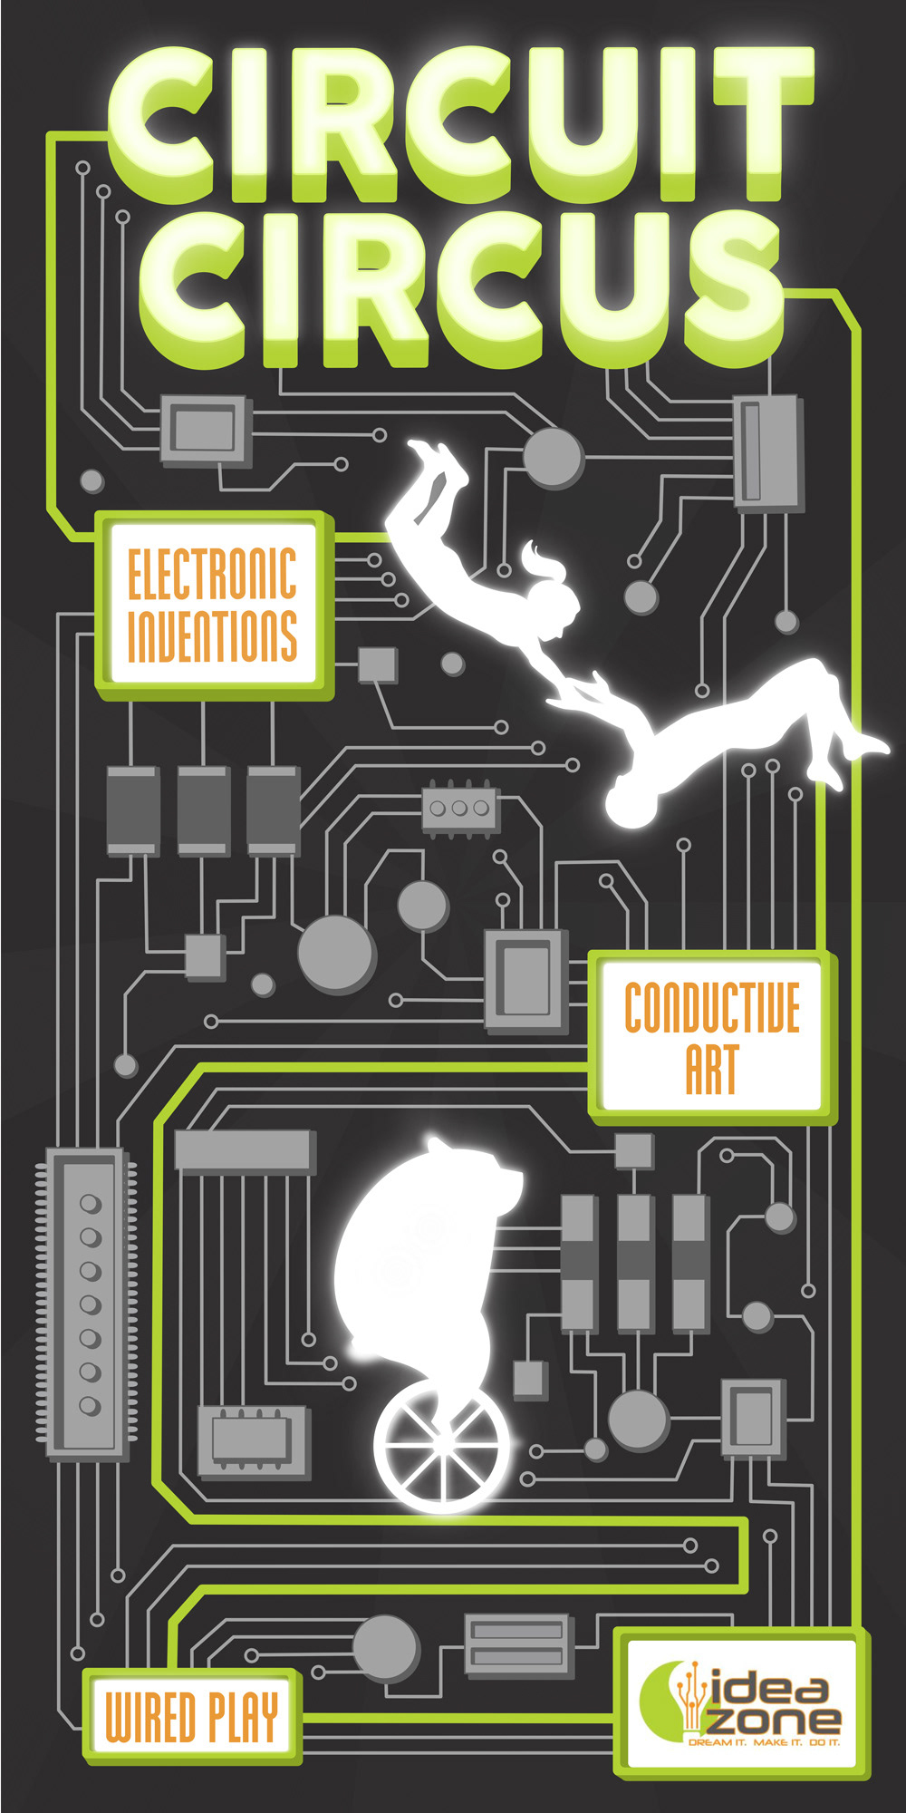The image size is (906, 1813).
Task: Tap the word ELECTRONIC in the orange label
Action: pos(212,574)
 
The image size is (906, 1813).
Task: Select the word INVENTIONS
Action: pos(212,635)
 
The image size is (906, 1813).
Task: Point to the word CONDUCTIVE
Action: pos(712,1007)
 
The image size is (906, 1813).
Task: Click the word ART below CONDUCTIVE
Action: pos(712,1070)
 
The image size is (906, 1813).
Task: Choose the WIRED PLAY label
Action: pos(191,1716)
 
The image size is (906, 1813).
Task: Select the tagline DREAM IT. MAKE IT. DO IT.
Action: pos(763,1742)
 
